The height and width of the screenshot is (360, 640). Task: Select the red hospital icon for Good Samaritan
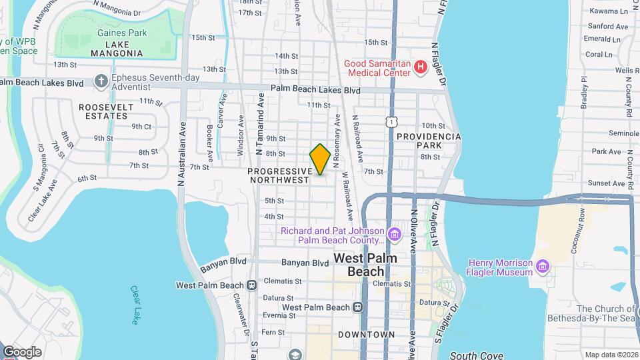[x=420, y=67]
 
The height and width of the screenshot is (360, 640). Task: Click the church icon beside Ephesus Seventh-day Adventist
[x=101, y=81]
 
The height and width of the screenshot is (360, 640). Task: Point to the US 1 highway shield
[x=391, y=120]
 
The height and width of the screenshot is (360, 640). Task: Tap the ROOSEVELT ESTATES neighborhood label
[x=103, y=111]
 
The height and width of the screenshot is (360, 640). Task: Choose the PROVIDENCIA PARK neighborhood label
[x=429, y=140]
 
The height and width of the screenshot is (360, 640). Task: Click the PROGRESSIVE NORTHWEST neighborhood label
[x=279, y=175]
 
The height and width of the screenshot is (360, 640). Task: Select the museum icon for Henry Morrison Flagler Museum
[x=543, y=267]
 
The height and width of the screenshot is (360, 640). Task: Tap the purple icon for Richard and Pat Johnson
[x=394, y=235]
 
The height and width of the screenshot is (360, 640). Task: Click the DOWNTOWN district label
[x=366, y=334]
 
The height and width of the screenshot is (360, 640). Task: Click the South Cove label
[x=476, y=355]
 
